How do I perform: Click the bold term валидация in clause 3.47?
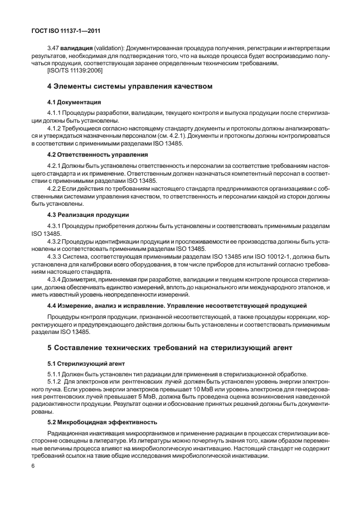(x=76, y=49)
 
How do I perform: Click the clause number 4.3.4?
(x=56, y=279)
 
